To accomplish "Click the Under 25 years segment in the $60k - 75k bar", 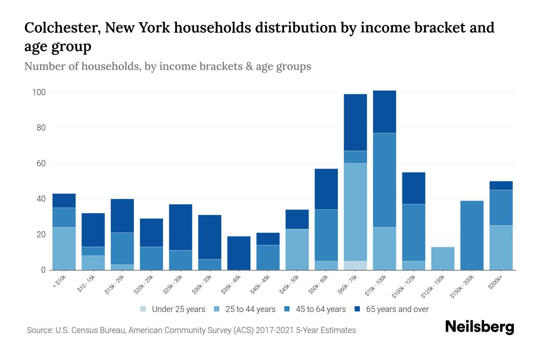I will coord(355,265).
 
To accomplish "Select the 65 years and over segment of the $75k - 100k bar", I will coord(384,112).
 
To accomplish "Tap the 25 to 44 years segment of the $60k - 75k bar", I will coord(355,212).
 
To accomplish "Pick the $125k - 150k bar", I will coord(442,258).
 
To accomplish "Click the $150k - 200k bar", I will coord(472,235).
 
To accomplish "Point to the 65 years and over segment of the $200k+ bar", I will coord(501,185).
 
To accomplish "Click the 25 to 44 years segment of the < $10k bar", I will coord(64,248).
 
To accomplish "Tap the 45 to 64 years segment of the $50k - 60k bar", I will coord(326,235).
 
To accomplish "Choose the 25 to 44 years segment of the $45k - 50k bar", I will coord(297,249).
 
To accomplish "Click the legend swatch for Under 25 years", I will coord(143,309).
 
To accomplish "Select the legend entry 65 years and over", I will coord(397,309).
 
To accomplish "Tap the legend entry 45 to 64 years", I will coord(320,309).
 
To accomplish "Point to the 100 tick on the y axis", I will coord(39,92).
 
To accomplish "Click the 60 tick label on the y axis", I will coord(41,163).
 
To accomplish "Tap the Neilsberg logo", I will coord(479,327).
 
